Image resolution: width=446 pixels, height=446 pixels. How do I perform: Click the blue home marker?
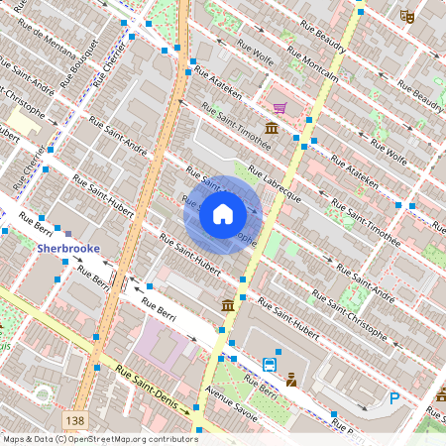(x=223, y=214)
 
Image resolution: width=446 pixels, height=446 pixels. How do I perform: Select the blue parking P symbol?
(x=394, y=398)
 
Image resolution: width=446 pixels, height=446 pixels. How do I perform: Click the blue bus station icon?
(x=270, y=366)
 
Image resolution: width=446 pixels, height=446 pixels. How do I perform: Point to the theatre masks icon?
(x=406, y=15)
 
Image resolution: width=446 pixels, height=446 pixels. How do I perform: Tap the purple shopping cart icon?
(x=279, y=107)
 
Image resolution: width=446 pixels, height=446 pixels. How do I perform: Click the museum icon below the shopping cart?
(x=271, y=129)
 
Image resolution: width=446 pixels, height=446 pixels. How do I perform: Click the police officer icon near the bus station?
(x=291, y=380)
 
